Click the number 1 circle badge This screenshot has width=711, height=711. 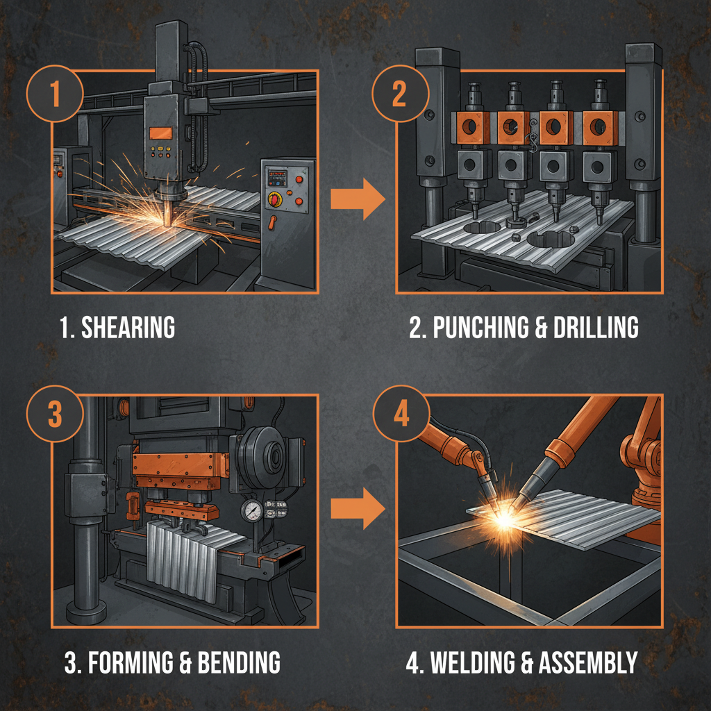[x=55, y=95]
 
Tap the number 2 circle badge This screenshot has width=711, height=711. [x=399, y=95]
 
